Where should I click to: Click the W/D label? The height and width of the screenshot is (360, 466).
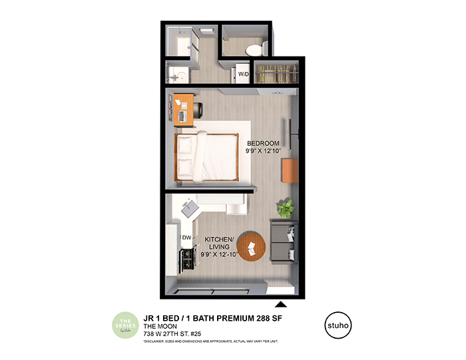[243, 74]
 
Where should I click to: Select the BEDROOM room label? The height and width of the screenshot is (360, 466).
[263, 144]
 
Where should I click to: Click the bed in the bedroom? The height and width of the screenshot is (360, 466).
[206, 156]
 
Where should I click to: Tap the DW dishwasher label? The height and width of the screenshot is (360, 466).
[186, 237]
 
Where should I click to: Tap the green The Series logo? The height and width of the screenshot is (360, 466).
[124, 326]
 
